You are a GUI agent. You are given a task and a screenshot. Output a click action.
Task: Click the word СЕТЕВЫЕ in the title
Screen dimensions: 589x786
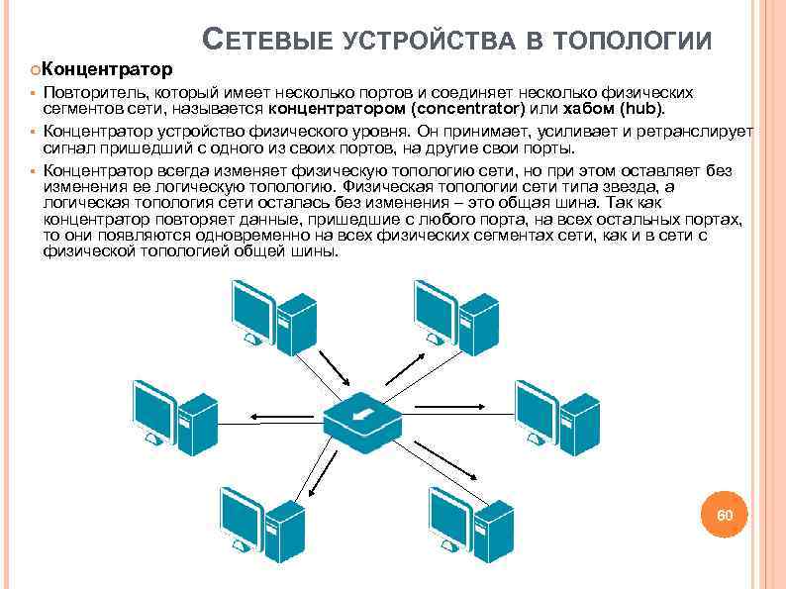tap(269, 41)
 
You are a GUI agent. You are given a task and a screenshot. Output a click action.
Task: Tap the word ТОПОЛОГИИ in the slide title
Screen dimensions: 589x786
tap(634, 41)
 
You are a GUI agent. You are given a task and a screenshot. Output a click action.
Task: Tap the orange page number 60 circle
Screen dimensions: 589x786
tap(725, 516)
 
